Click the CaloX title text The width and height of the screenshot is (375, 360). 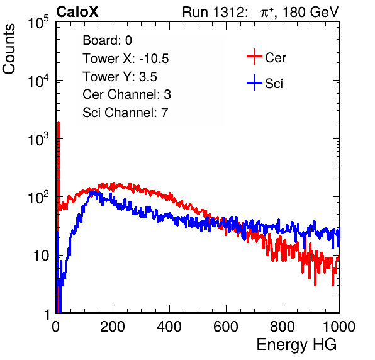click(77, 12)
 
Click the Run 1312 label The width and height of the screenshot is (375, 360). click(215, 12)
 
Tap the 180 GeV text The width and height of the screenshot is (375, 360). click(310, 12)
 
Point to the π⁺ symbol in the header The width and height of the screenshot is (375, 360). click(267, 12)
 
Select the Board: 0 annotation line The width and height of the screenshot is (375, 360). click(107, 40)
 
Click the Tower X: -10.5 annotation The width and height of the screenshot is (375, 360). click(126, 59)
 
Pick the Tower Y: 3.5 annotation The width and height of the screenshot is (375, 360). click(120, 77)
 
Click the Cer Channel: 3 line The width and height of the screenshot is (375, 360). click(126, 94)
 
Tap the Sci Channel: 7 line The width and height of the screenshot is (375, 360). click(125, 113)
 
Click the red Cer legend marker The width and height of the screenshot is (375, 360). click(254, 57)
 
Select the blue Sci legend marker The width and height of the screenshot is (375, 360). click(254, 83)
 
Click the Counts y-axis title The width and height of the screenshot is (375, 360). click(9, 49)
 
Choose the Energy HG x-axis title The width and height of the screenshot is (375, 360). click(296, 344)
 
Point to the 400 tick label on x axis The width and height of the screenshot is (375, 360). click(169, 326)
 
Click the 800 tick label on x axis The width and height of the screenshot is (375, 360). click(283, 326)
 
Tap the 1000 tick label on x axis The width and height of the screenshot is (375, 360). click(339, 326)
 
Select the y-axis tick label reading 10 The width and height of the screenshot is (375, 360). click(41, 256)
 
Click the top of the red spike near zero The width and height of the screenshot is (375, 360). click(58, 122)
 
